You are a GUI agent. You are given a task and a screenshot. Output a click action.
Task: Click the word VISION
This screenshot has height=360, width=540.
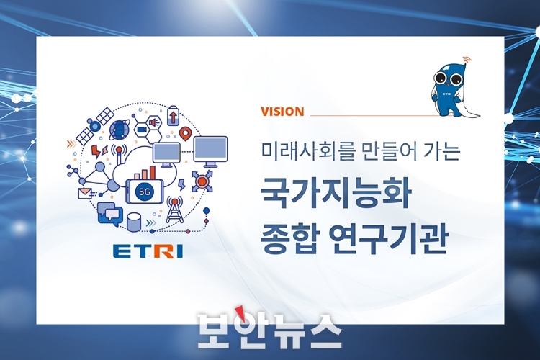click(x=282, y=112)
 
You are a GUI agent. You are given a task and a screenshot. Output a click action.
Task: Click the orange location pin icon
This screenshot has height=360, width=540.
click(x=185, y=134)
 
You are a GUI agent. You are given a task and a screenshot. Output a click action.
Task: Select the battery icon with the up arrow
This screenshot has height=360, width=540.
click(x=173, y=116)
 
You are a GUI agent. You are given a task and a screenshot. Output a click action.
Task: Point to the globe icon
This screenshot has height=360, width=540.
click(x=119, y=130)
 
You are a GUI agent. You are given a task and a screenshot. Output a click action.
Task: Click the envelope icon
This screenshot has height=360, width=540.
click(x=85, y=193)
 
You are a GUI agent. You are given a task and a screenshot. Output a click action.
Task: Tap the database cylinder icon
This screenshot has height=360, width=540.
click(x=134, y=222)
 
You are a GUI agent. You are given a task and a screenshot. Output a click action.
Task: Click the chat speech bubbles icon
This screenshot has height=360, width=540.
click(x=110, y=214)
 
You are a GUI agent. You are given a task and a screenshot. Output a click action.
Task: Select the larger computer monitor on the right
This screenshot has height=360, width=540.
click(x=210, y=151)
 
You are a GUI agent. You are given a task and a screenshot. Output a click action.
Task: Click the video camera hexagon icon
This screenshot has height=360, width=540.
click(x=141, y=130)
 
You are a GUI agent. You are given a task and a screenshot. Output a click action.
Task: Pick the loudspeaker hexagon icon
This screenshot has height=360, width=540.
click(x=154, y=122)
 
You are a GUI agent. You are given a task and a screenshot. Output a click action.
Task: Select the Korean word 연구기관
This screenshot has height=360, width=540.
click(x=388, y=238)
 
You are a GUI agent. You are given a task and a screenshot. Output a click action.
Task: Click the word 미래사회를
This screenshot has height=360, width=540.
click(x=303, y=152)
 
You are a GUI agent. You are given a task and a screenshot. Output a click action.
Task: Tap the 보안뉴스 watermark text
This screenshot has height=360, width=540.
click(x=270, y=330)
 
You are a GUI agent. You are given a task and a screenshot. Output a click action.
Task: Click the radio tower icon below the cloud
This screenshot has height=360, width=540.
click(x=175, y=209)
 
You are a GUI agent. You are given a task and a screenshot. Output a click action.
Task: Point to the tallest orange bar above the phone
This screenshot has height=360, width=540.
click(x=152, y=173)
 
